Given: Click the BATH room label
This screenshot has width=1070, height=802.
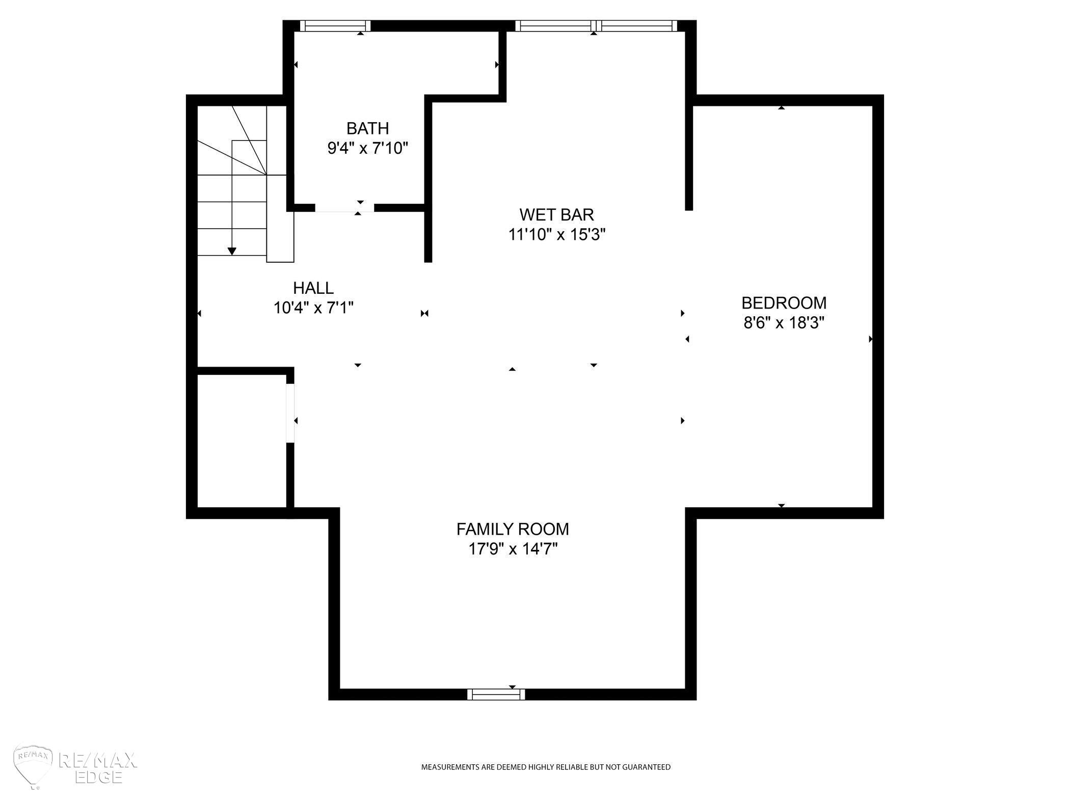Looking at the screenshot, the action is pos(367,128).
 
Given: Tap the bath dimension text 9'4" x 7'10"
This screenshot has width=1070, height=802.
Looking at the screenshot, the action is pos(367,148).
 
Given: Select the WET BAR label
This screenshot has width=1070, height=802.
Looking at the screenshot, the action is pos(556,214).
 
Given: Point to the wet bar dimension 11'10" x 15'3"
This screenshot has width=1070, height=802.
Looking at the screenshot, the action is pos(556,235).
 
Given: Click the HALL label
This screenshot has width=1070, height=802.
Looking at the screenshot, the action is pos(313,288).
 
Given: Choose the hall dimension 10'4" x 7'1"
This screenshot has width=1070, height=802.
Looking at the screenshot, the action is pos(313,308).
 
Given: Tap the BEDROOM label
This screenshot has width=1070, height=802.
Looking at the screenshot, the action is pos(784,303).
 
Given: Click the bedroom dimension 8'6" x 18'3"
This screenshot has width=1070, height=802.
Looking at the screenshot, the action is pos(784,323).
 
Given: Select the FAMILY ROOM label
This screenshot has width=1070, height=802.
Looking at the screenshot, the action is pos(513,530).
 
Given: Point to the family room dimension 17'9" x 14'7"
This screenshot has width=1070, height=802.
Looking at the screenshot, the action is pos(513,549).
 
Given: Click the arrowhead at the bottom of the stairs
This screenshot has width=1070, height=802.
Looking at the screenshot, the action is pos(232,251).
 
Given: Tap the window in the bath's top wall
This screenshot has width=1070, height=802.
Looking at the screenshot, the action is pos(335,26).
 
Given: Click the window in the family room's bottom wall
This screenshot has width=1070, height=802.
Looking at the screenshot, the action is pos(496,694).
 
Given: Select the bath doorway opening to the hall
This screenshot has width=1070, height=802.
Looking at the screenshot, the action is pos(344,208).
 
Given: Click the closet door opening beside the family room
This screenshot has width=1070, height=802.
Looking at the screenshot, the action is pos(290,413).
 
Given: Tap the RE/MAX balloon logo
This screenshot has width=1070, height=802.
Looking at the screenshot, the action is pos(34,766).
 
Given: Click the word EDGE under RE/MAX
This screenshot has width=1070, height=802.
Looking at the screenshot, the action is pos(98,777).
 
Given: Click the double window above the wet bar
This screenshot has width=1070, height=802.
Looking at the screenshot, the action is pos(596,26).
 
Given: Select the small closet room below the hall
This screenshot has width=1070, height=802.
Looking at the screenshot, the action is pos(242,441).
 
